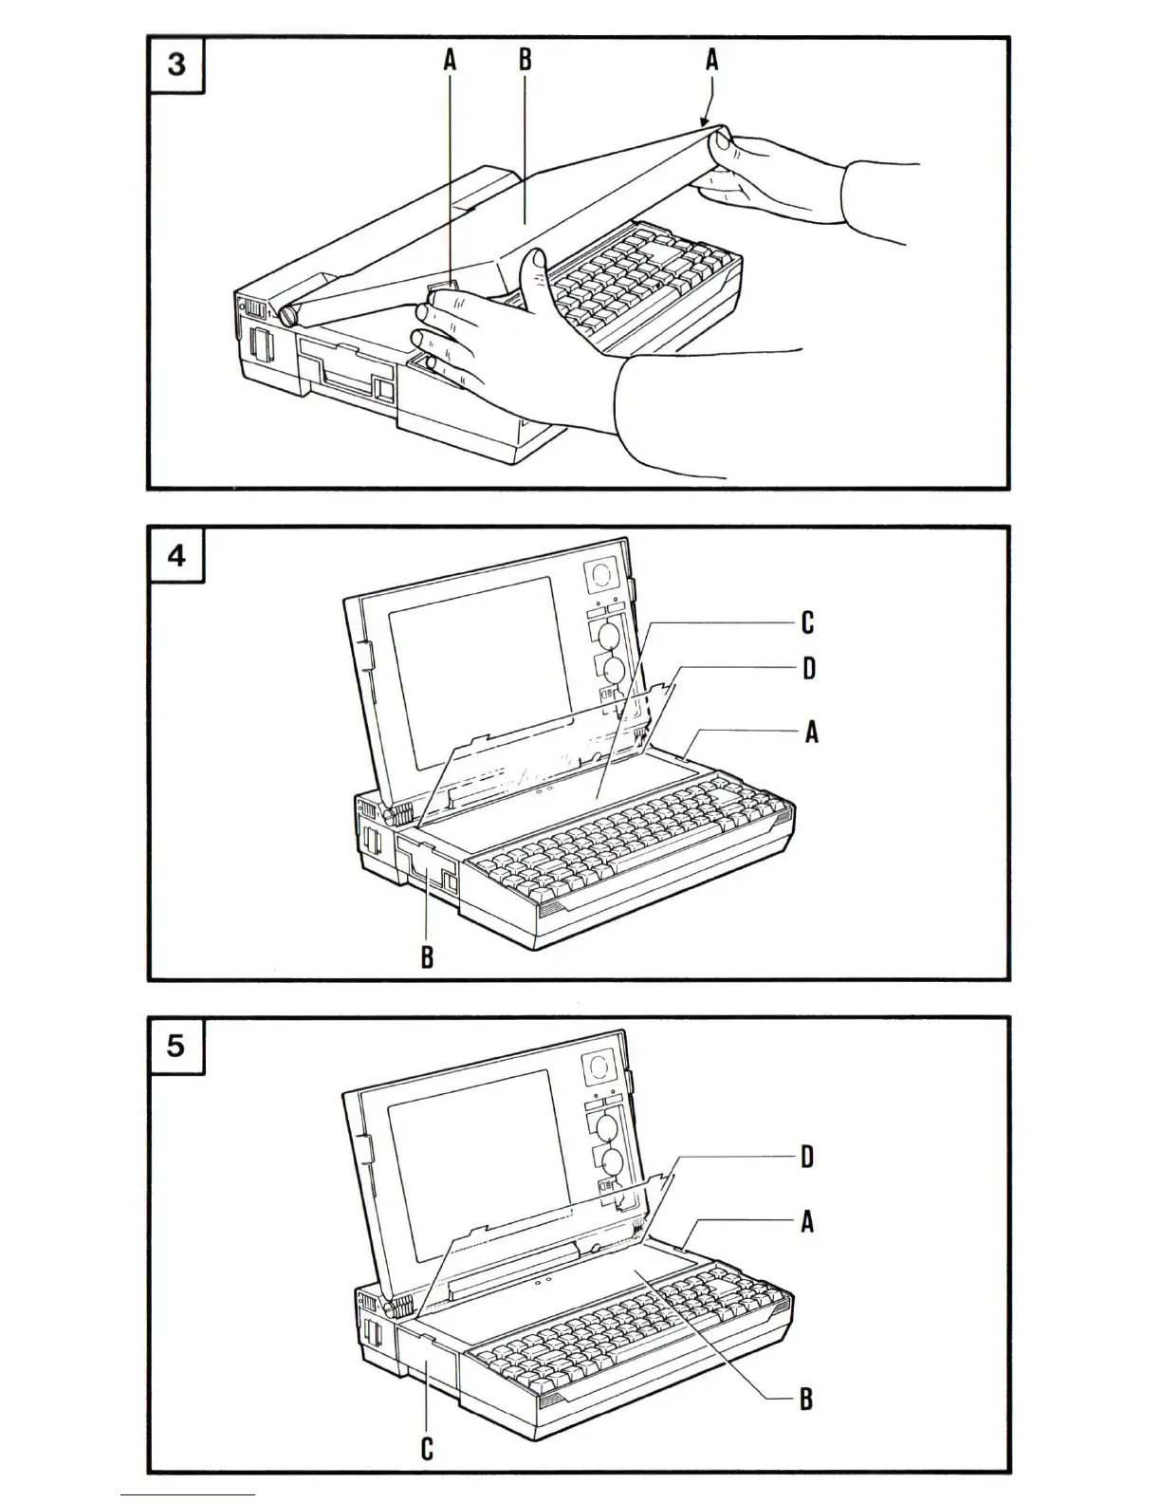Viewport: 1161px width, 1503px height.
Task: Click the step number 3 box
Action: coord(176,65)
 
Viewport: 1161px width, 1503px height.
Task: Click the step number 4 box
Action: coord(176,555)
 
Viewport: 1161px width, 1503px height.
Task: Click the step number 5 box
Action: coord(176,1046)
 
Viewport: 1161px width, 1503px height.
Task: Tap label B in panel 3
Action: coord(525,61)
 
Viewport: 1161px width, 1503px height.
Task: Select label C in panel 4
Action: coord(807,622)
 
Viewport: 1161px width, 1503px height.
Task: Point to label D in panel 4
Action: coord(808,669)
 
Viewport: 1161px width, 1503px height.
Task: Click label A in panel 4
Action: coord(810,732)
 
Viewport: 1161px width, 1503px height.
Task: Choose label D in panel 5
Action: coord(807,1157)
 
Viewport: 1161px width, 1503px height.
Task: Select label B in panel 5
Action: coord(806,1399)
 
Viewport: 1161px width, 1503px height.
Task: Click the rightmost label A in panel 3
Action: coord(711,61)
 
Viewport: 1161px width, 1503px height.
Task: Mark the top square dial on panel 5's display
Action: coord(599,1067)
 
